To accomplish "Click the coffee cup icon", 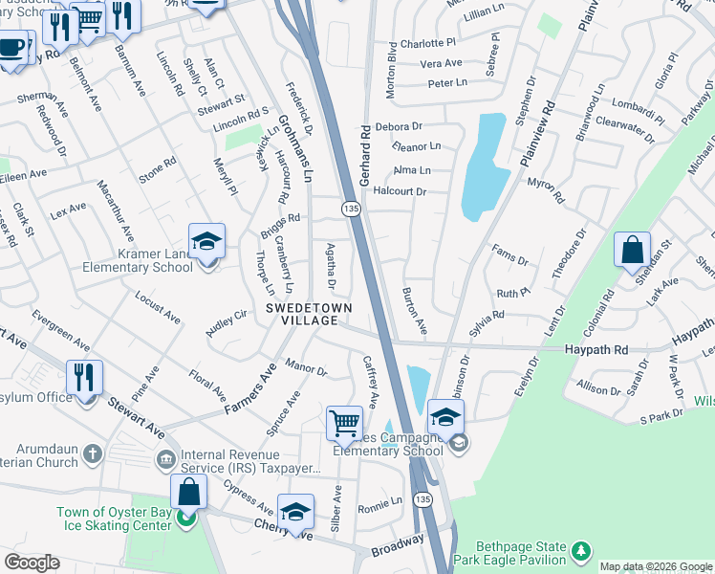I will pos(12,48).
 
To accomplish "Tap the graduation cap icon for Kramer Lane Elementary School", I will pos(206,243).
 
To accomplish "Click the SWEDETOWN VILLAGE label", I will pos(309,315).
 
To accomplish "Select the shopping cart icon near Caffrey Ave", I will pos(344,422).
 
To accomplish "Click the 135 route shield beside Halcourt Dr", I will pos(352,208).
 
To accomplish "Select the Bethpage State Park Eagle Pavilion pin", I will pos(580,550).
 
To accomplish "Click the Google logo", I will pos(31,563).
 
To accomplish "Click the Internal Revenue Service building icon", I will pos(166,461).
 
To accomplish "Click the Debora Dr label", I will pos(399,126).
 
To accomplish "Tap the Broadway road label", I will pos(397,543).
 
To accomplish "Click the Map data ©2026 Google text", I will pos(655,566).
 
